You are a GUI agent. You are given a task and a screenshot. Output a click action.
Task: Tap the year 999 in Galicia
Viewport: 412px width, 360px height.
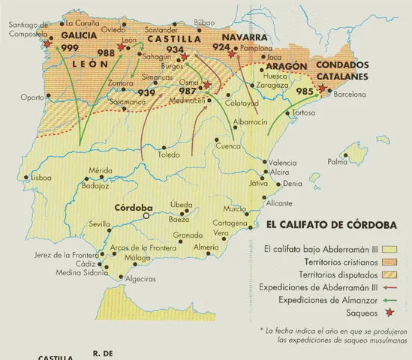coord(71,48)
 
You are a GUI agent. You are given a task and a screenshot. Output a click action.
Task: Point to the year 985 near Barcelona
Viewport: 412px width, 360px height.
coord(305,91)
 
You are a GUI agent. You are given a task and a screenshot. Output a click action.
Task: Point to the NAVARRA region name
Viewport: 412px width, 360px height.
coord(245,37)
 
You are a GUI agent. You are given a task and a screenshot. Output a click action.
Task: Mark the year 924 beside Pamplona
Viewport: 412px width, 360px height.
coord(221,46)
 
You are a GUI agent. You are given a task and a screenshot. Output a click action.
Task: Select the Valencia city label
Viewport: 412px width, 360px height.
coord(283,163)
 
